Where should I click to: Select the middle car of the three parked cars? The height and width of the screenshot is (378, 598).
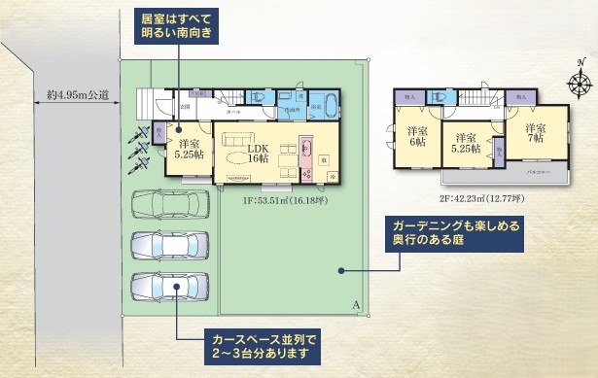point(171,248)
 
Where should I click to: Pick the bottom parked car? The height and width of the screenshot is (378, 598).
point(171,289)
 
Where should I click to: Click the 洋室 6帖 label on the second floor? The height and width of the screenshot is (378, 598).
point(418,136)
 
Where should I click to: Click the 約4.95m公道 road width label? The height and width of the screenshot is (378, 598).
point(77,94)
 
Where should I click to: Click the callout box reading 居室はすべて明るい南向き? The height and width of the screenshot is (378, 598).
point(176,26)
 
